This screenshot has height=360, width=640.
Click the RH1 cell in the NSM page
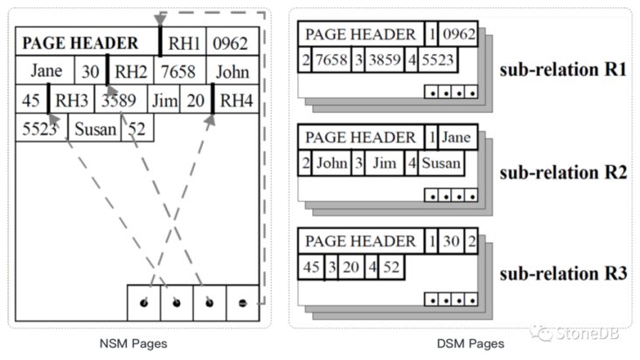point(185,42)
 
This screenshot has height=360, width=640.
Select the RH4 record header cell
point(236,100)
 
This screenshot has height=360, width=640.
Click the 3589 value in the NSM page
point(116,100)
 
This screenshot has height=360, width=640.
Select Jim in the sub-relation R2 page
point(385,164)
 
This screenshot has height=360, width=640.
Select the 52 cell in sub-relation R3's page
point(392,267)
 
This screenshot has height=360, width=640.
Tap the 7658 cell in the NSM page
point(182,71)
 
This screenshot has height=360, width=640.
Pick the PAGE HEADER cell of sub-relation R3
point(359,241)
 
